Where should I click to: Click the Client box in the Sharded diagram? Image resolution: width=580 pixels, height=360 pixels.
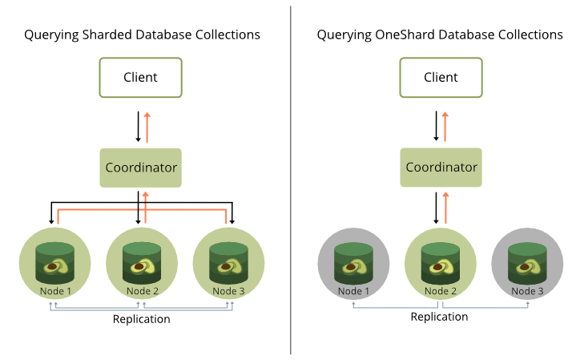click(x=140, y=78)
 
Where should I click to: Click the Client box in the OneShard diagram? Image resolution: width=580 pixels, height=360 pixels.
click(x=440, y=78)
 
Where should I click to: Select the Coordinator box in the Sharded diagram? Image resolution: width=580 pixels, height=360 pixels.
click(x=140, y=168)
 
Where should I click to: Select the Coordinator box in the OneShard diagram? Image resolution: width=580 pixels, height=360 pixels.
click(x=441, y=168)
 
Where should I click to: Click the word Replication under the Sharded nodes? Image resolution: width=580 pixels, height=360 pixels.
click(x=141, y=319)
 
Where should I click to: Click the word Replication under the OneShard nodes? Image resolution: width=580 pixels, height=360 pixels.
click(x=439, y=317)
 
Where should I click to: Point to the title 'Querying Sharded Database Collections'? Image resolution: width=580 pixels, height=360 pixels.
click(x=142, y=35)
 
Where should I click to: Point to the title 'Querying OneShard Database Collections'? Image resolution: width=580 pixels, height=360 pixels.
click(x=440, y=35)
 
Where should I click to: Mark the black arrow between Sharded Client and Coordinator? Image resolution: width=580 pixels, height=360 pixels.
click(x=138, y=125)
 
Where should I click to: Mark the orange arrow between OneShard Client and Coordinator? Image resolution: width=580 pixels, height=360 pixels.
click(x=445, y=125)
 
